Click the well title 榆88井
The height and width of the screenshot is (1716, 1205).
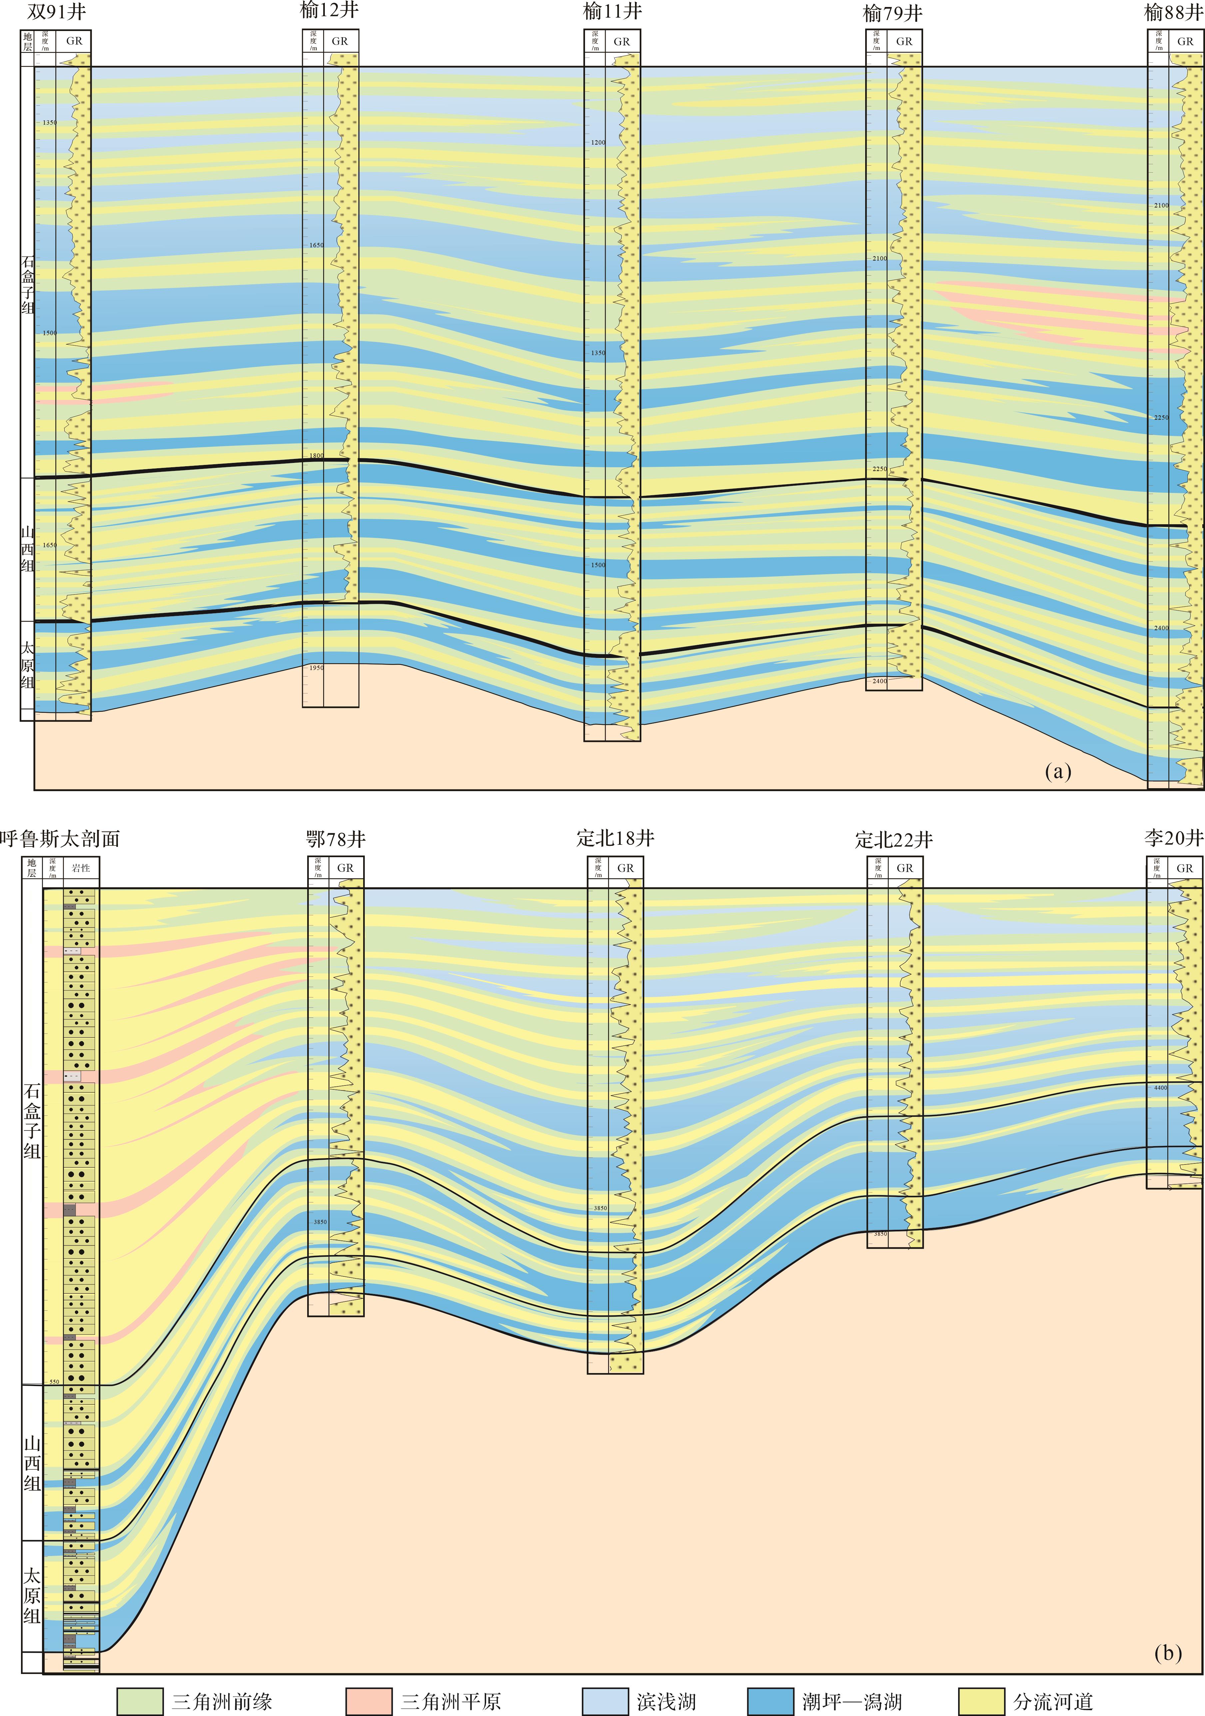[1174, 13]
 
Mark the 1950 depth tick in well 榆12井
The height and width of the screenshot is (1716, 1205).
[317, 668]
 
